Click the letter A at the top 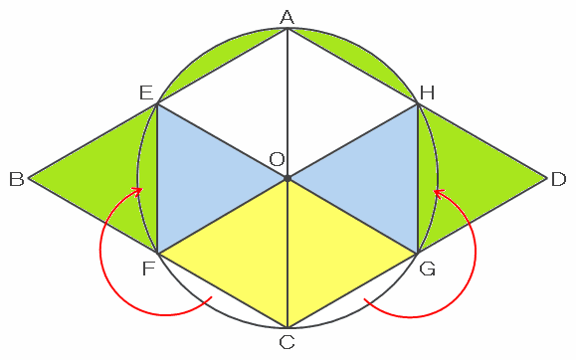[x=287, y=17]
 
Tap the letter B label [x=17, y=180]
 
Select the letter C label [x=287, y=342]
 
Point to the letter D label [x=558, y=180]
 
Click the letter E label [x=146, y=92]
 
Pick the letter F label [x=148, y=269]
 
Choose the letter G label [x=427, y=269]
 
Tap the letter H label [x=427, y=92]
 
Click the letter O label [x=277, y=159]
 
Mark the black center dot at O [x=288, y=179]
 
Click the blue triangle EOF [x=200, y=179]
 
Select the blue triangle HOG [x=375, y=179]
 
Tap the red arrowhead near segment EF [x=137, y=191]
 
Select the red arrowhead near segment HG [x=439, y=193]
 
